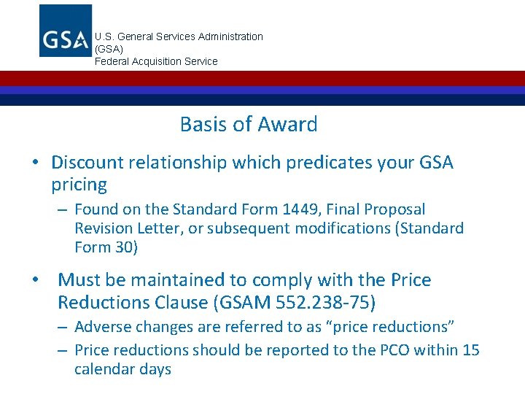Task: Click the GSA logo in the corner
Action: coord(66,31)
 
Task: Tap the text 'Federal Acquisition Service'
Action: coord(156,61)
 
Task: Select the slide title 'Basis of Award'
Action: coord(249,124)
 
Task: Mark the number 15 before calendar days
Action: coord(470,350)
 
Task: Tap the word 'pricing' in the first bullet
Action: coord(79,184)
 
